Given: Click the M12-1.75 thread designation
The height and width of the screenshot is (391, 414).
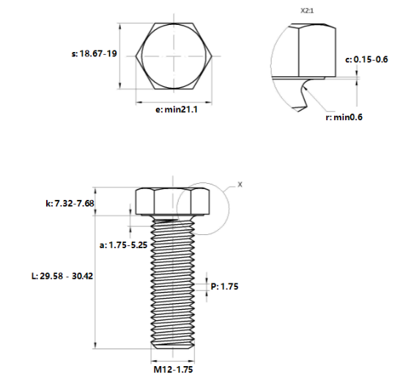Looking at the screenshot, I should [x=173, y=370].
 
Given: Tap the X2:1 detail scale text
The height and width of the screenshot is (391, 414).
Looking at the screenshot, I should [x=306, y=12].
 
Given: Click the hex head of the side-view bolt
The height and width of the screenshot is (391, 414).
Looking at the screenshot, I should [x=174, y=202].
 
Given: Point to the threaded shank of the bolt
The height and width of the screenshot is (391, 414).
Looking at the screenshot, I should [x=174, y=286].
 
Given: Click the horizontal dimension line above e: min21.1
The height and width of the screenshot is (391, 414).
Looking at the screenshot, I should [x=174, y=100].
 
